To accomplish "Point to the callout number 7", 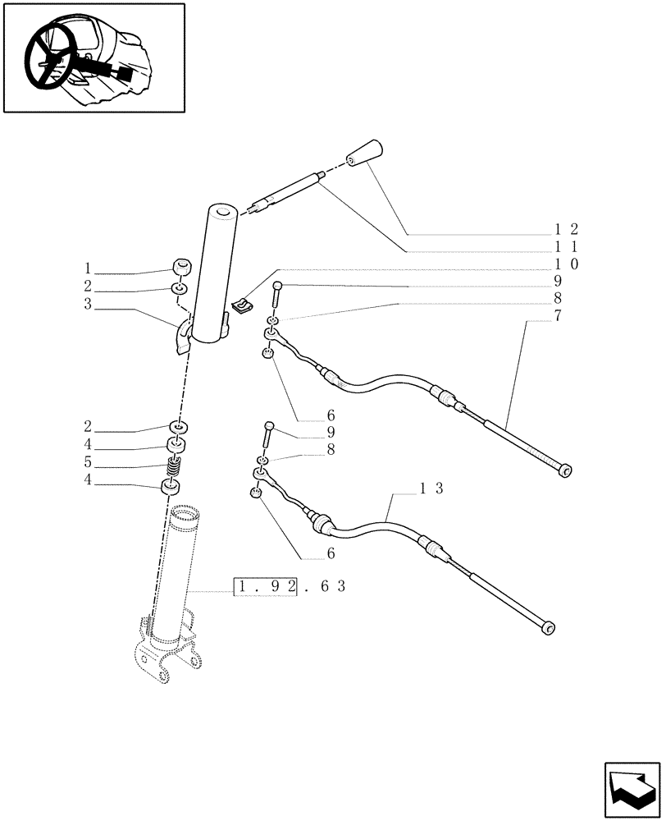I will (558, 316).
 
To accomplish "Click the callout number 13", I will (431, 488).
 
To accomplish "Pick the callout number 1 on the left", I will (86, 268).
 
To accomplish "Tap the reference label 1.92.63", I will (290, 588).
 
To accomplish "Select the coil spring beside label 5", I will (174, 470).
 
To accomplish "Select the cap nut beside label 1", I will (181, 267).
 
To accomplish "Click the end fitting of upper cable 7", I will (564, 470).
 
